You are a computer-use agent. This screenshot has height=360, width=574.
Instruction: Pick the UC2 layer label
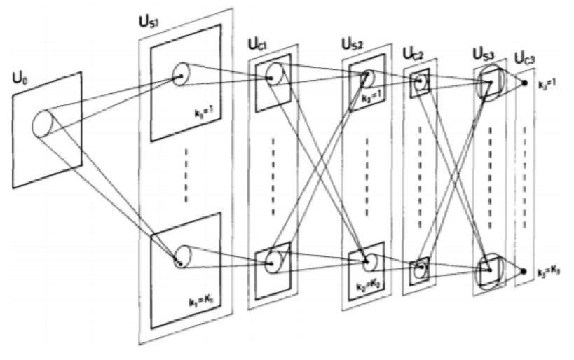click(412, 54)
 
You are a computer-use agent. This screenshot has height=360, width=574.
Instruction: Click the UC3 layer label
click(525, 57)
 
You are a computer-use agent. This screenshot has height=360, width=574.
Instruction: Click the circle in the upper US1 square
click(179, 72)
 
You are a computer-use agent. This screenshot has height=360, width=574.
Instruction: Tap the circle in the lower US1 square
click(180, 256)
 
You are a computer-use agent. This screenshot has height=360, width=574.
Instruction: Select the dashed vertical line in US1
click(186, 174)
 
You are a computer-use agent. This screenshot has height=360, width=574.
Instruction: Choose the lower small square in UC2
click(420, 269)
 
